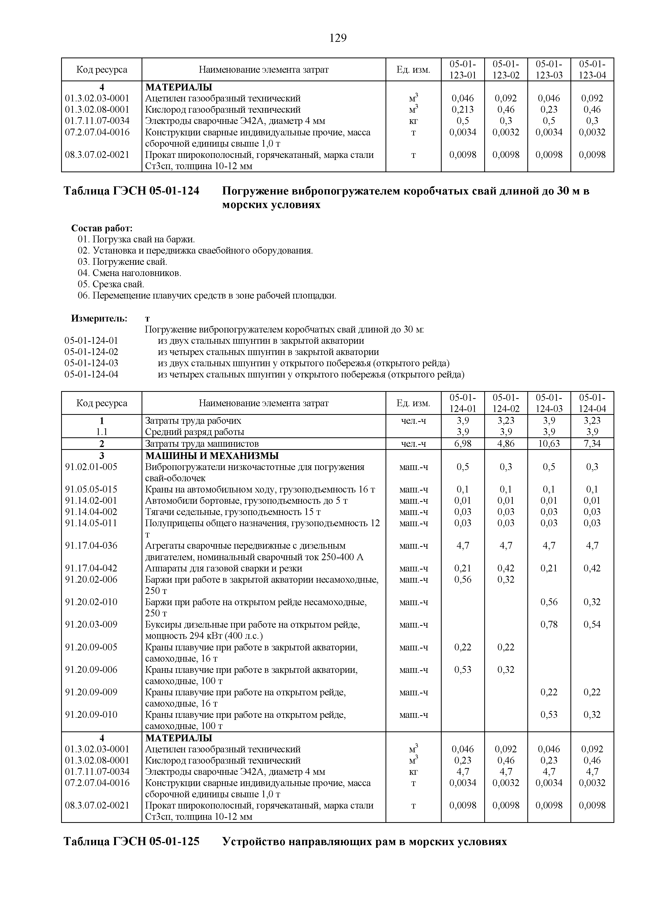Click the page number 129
pyautogui.click(x=338, y=38)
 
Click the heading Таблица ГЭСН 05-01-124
pyautogui.click(x=131, y=191)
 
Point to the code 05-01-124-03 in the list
pyautogui.click(x=91, y=363)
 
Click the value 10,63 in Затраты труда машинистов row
pyautogui.click(x=549, y=444)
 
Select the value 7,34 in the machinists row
pyautogui.click(x=592, y=444)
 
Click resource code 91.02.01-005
pyautogui.click(x=91, y=467)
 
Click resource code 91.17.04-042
pyautogui.click(x=91, y=568)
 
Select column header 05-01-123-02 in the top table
pyautogui.click(x=506, y=70)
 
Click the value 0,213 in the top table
pyautogui.click(x=463, y=110)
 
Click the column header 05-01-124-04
pyautogui.click(x=592, y=403)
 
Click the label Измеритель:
pyautogui.click(x=99, y=318)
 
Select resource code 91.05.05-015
pyautogui.click(x=91, y=489)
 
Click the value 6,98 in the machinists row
pyautogui.click(x=463, y=444)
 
